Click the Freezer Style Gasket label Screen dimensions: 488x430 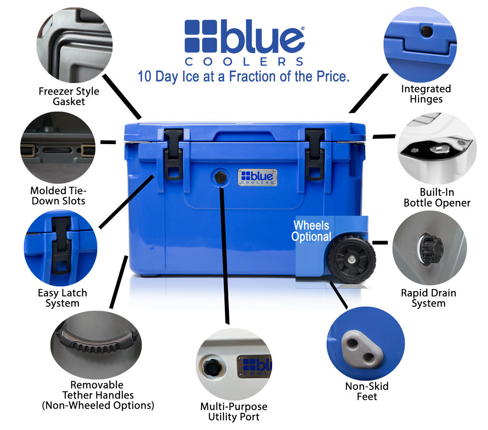(69, 96)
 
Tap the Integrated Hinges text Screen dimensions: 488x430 (426, 94)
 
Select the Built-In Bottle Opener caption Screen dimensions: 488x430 (437, 197)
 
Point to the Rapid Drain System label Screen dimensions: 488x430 (428, 298)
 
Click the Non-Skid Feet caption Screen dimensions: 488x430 (366, 391)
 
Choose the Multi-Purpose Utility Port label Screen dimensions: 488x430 (234, 411)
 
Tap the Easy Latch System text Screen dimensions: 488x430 (62, 298)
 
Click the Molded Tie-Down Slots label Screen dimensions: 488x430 (59, 196)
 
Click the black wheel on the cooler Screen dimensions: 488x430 (351, 260)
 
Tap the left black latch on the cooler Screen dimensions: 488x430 (173, 155)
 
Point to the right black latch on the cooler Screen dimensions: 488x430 (315, 155)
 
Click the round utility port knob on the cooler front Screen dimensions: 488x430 (220, 177)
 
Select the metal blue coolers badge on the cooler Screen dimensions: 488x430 (257, 178)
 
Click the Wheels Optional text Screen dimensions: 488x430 (311, 231)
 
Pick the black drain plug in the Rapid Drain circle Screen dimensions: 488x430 (431, 249)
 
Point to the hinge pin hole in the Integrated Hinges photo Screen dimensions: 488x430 (426, 31)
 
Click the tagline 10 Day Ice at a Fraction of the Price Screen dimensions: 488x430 (244, 77)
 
